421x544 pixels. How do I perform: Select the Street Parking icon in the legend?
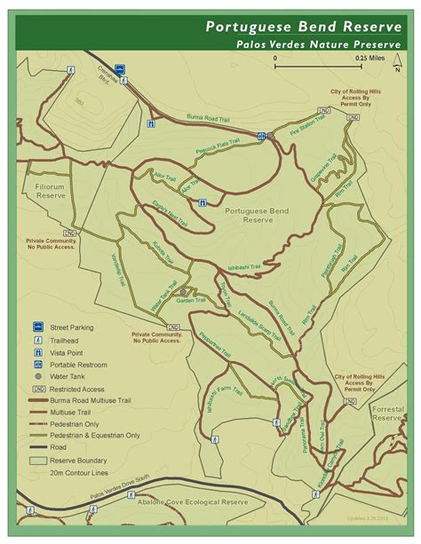pyautogui.click(x=38, y=327)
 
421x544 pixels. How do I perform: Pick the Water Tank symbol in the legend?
pyautogui.click(x=38, y=376)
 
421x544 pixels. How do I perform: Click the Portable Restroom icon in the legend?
pyautogui.click(x=38, y=364)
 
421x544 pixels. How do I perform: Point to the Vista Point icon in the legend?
pyautogui.click(x=38, y=351)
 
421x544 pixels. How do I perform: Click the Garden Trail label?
pyautogui.click(x=190, y=301)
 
